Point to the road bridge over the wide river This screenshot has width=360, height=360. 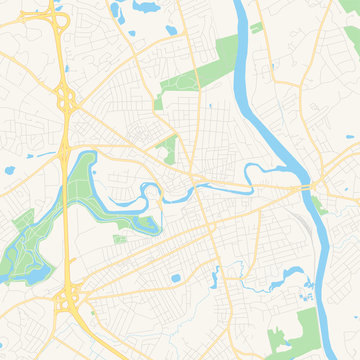pos(303,187)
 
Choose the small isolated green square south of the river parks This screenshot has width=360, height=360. pos(121,239)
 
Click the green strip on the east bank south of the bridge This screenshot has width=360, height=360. pos(317,206)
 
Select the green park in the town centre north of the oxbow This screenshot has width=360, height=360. pos(167,150)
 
